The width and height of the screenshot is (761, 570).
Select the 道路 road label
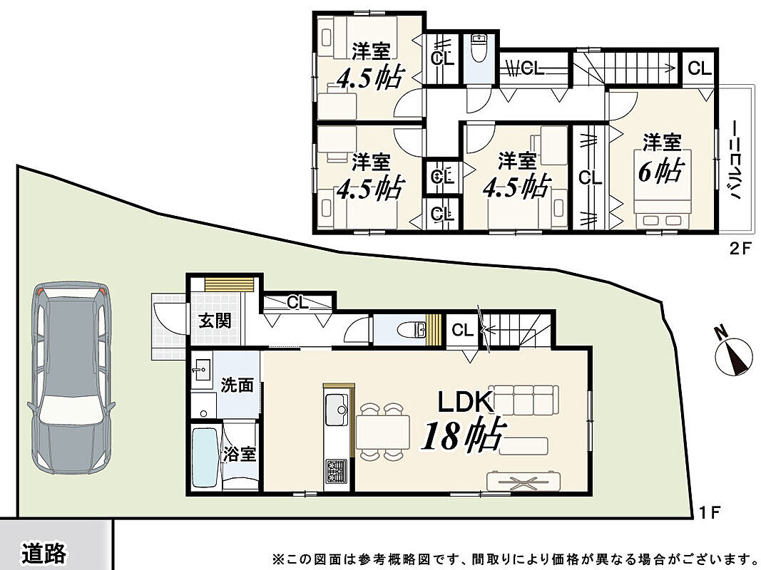44,553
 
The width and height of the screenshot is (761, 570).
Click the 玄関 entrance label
215,321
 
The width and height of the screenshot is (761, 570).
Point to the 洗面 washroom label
238,385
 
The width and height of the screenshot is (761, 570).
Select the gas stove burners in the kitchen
336,470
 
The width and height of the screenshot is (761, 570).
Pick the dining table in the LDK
383,432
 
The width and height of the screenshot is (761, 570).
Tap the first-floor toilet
411,331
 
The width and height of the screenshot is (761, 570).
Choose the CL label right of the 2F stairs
700,68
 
